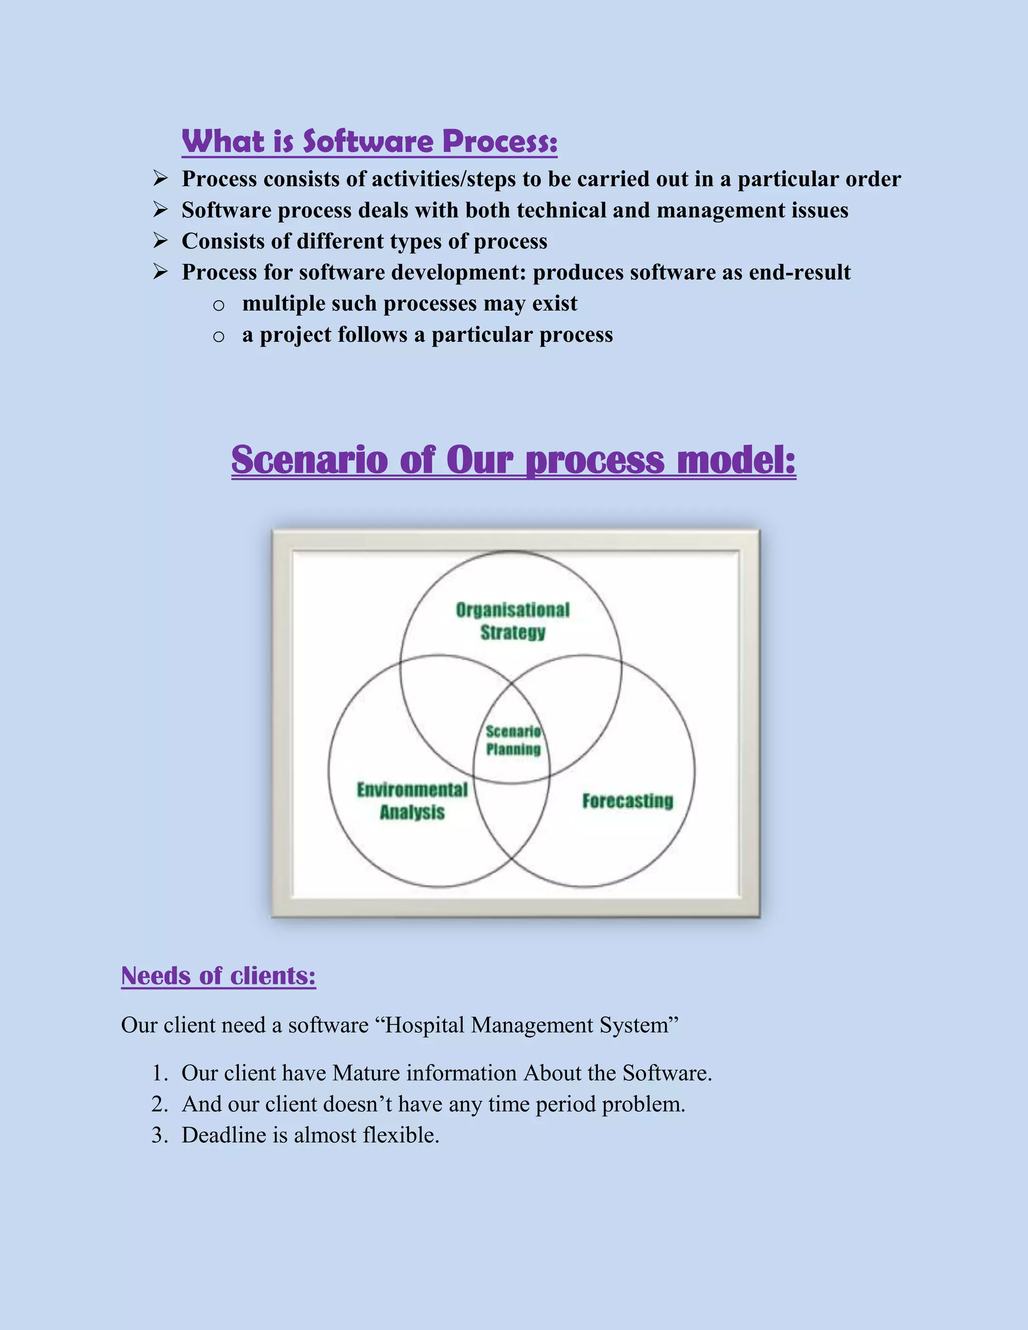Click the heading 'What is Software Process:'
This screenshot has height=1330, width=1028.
click(x=369, y=142)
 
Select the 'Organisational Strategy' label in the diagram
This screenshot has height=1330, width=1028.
click(x=513, y=621)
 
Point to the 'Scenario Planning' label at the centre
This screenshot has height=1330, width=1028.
click(x=513, y=740)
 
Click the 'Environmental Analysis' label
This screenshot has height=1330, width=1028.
click(x=412, y=801)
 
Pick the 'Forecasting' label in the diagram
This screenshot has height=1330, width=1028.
click(x=628, y=801)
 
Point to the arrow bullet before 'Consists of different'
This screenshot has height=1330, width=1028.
click(x=160, y=240)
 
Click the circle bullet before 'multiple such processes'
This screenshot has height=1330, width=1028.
click(x=219, y=305)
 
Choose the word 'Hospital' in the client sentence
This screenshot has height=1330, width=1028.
click(x=425, y=1025)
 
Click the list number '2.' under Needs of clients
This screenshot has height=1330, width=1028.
click(x=160, y=1104)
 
